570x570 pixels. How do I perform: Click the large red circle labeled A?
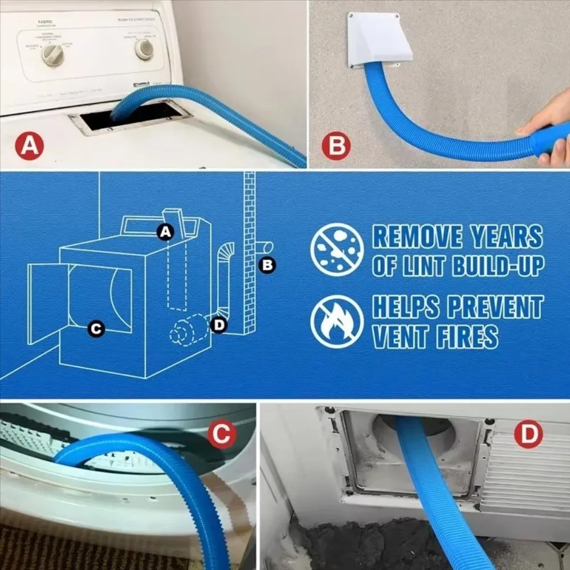coord(30,145)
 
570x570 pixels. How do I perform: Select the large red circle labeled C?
coord(221,435)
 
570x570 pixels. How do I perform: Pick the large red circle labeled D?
coord(528,435)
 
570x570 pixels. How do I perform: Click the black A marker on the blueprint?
coord(165,231)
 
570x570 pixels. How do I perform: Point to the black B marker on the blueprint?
coord(267,264)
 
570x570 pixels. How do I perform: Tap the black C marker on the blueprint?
coord(97,329)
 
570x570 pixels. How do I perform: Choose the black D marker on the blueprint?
coord(218,325)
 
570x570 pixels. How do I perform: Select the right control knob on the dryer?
coord(144,50)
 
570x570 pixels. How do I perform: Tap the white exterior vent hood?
coord(374,40)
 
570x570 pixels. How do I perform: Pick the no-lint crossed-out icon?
coord(337,249)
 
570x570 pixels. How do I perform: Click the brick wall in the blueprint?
coord(249,251)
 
